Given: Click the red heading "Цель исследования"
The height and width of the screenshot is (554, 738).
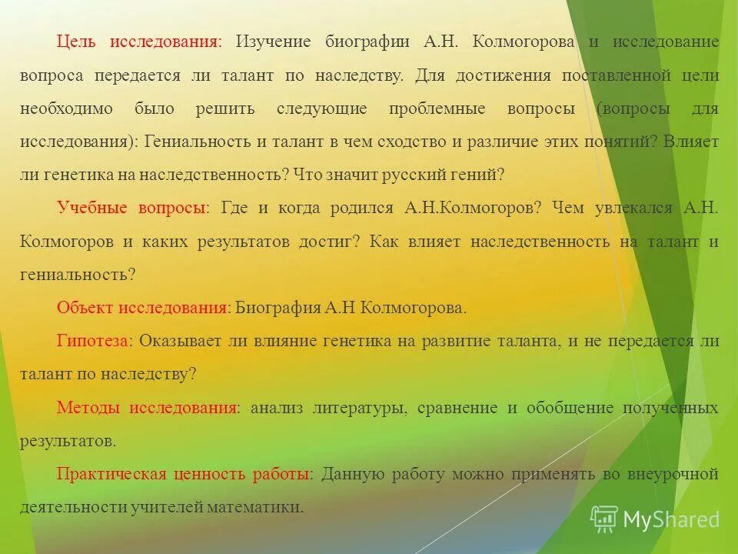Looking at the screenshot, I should (138, 42).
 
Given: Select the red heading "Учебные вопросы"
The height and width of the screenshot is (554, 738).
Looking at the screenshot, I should (131, 209).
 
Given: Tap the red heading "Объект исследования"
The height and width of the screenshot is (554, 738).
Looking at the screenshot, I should (141, 308).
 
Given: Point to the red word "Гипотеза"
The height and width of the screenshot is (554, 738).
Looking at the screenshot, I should (92, 342).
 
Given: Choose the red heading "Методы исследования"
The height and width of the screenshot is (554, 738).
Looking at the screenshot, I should (147, 408).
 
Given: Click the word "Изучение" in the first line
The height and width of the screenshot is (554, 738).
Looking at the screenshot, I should (273, 42).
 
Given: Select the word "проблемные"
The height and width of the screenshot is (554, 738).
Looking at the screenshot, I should (437, 108).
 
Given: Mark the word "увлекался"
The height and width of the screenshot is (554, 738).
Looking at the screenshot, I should (628, 209).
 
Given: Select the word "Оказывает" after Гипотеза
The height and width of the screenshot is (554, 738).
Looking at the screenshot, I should (181, 342).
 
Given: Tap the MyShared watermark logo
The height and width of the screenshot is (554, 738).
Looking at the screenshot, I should (655, 520).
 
